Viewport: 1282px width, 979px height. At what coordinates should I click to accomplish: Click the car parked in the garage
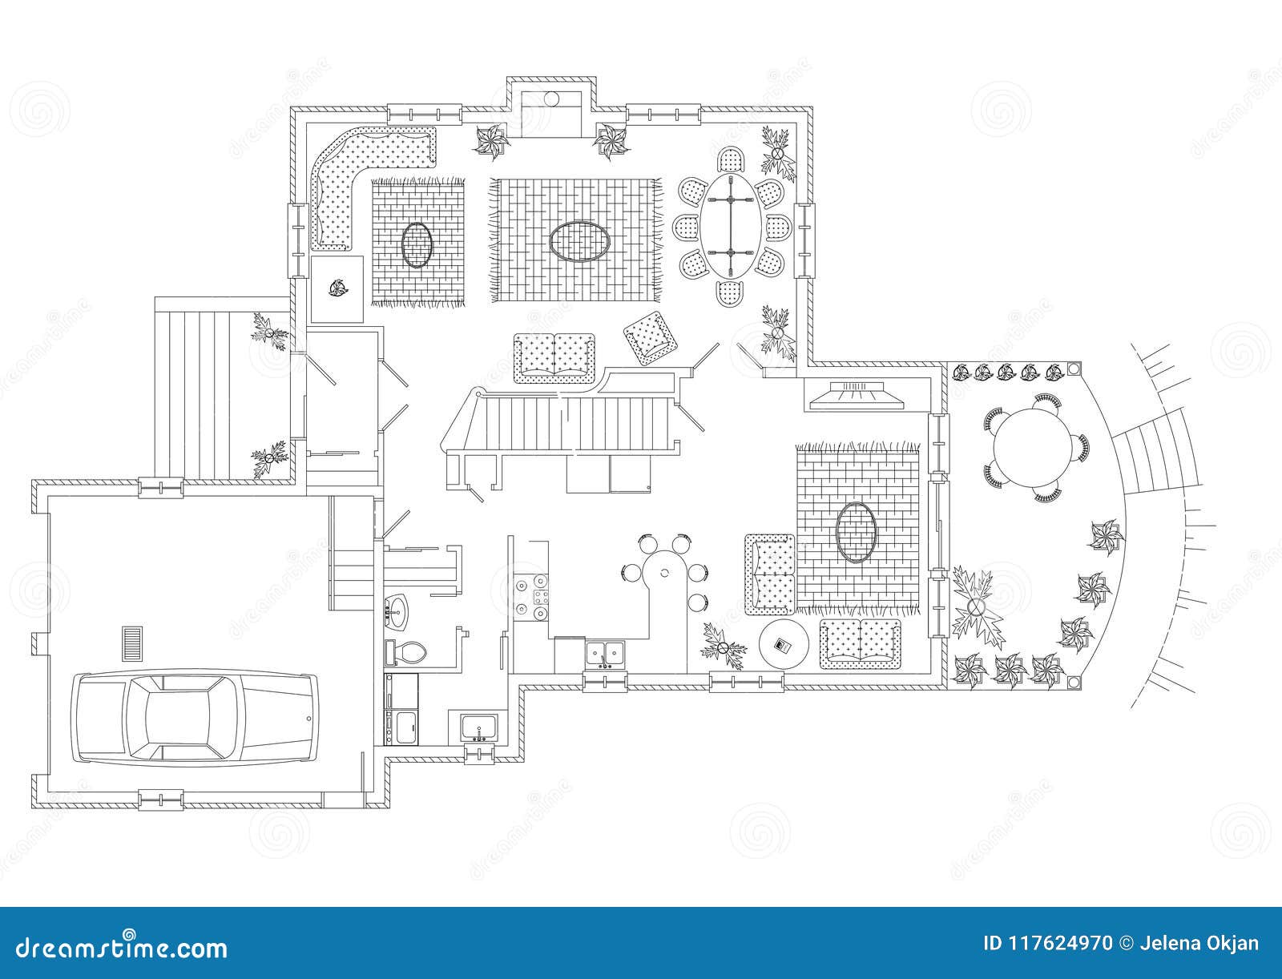click(x=195, y=718)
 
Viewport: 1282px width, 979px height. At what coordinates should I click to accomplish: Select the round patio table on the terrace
click(x=1033, y=448)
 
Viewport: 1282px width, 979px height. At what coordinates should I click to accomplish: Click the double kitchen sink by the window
click(x=605, y=654)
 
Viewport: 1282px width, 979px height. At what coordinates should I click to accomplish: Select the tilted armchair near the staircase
click(x=650, y=338)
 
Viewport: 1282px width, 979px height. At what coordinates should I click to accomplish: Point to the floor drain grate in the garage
click(x=132, y=644)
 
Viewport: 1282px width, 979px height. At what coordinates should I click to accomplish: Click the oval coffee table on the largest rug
click(x=579, y=242)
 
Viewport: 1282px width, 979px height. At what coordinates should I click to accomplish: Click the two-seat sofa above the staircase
click(x=554, y=358)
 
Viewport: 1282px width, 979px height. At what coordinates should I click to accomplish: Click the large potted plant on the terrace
click(x=974, y=606)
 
